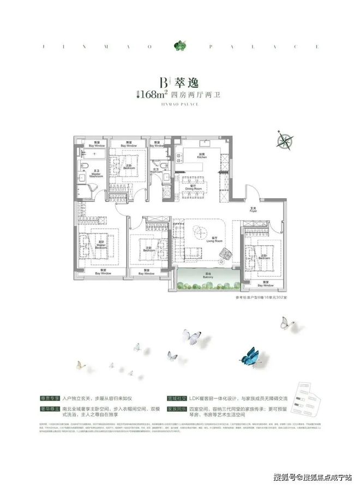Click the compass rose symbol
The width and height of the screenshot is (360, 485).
pyautogui.click(x=285, y=140)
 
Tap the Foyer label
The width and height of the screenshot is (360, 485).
pyautogui.click(x=253, y=209)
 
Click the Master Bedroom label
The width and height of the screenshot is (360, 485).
pyautogui.click(x=100, y=244)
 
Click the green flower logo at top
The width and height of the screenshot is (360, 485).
pyautogui.click(x=179, y=45)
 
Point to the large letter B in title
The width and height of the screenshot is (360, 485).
pyautogui.click(x=163, y=82)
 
